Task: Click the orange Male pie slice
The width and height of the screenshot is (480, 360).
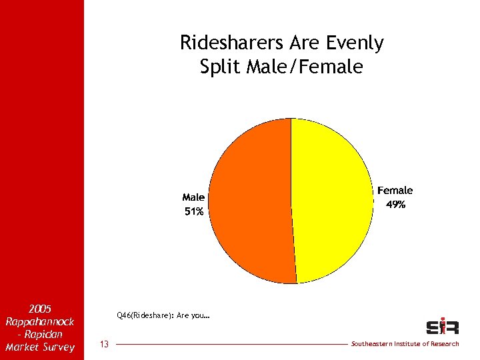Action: point(250,200)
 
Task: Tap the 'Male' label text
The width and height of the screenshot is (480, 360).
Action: point(193,197)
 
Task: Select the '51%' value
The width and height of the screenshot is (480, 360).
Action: point(193,211)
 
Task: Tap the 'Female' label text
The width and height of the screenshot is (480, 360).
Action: point(395,191)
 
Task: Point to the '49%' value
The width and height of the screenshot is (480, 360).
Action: point(395,205)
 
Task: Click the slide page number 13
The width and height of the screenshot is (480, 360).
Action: point(104,344)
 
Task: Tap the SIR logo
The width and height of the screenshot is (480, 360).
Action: point(442,327)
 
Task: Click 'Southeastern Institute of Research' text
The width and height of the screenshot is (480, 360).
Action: point(405,344)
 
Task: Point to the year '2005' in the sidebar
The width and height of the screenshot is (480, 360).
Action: point(41,309)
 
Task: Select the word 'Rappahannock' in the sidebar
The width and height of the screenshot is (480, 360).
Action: point(40,321)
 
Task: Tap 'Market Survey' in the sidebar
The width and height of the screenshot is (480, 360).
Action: point(40,347)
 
